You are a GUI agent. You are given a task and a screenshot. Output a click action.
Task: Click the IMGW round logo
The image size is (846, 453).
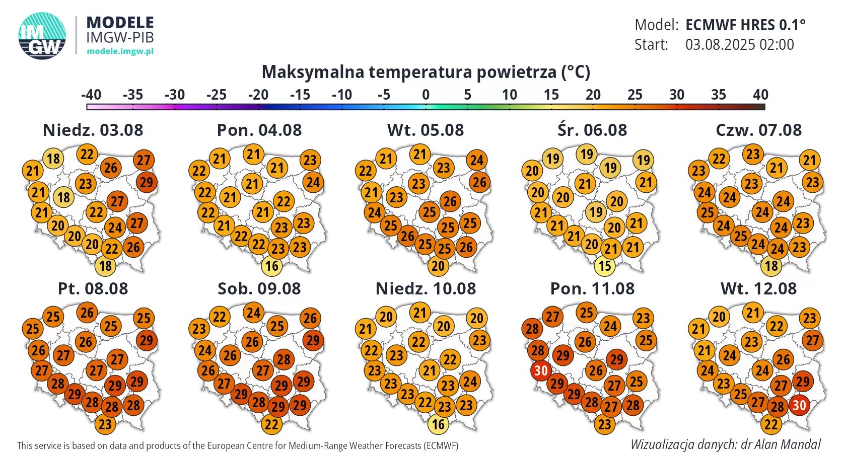(x=42, y=35)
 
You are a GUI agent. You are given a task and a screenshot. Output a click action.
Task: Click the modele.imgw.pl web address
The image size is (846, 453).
(x=120, y=51)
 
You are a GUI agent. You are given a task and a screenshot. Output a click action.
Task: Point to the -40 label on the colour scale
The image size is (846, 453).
(x=91, y=95)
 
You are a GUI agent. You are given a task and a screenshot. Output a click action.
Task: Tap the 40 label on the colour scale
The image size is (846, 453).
(x=760, y=95)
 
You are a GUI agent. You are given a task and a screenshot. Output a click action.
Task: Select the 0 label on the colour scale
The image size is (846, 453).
(x=426, y=95)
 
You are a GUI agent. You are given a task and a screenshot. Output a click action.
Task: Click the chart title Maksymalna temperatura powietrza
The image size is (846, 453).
(x=426, y=72)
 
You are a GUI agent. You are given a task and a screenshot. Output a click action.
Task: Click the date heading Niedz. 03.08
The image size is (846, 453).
(x=93, y=130)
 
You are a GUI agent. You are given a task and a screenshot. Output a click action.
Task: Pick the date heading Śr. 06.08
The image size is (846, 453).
(x=592, y=130)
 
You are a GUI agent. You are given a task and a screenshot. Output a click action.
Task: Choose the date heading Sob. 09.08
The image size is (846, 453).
(x=259, y=288)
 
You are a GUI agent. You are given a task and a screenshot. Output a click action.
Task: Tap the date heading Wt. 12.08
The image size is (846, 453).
(x=758, y=288)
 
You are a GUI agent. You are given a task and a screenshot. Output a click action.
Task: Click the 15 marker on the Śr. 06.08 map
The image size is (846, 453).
(x=604, y=266)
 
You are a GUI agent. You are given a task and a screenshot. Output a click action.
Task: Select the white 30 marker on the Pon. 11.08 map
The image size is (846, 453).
(x=540, y=371)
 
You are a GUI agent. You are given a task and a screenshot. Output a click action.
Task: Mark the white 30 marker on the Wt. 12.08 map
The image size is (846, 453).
(x=799, y=405)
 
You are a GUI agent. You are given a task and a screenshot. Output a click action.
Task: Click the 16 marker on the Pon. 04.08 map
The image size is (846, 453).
(x=271, y=266)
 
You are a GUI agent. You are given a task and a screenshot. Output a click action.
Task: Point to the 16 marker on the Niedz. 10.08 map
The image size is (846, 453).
(x=438, y=424)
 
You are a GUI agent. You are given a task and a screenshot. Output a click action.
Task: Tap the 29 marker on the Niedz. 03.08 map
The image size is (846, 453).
(x=146, y=182)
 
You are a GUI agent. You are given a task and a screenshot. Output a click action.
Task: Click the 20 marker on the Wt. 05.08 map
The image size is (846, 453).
(x=438, y=266)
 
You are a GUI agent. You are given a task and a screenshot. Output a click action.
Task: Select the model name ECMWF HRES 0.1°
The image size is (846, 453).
(x=745, y=25)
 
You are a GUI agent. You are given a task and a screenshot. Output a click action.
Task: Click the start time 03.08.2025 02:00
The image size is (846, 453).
(x=739, y=44)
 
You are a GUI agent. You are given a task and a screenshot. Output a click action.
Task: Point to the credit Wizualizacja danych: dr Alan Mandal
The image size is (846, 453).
(x=725, y=444)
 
